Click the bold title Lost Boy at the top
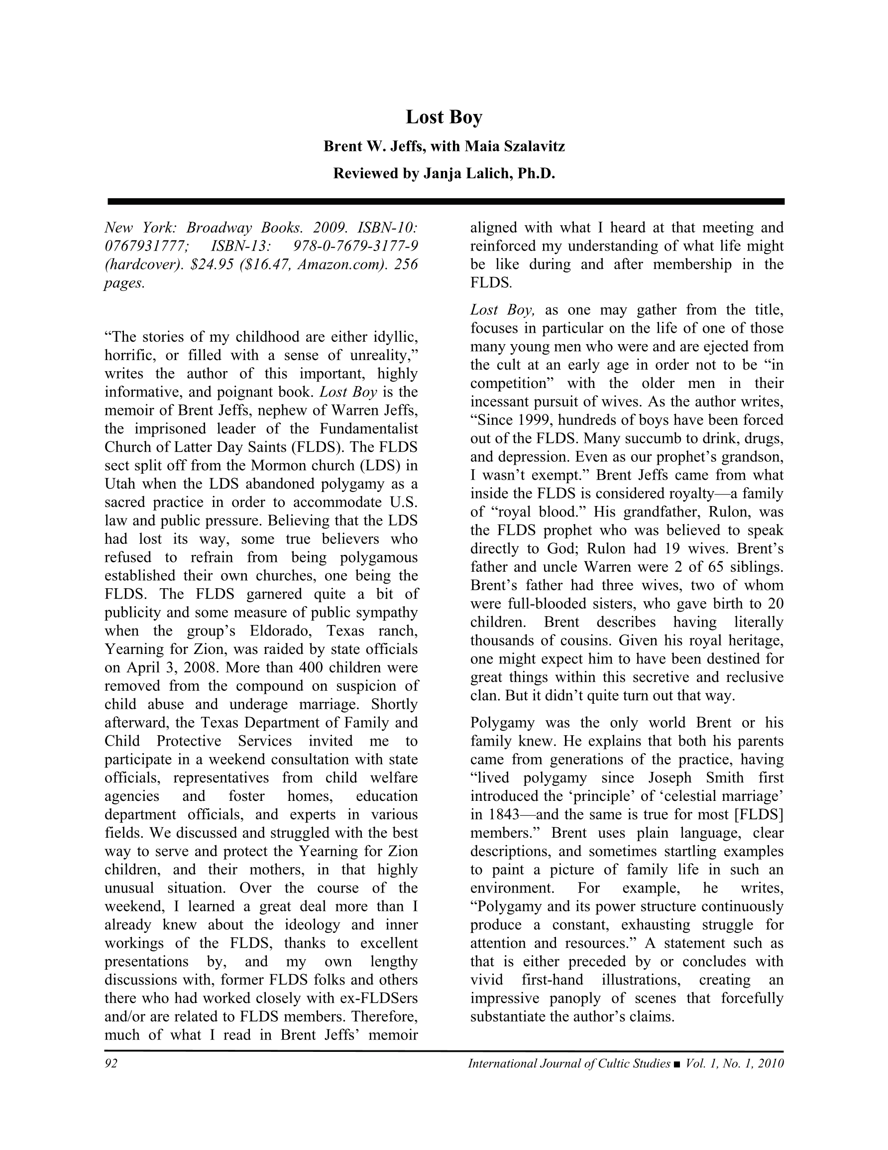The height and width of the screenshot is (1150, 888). (444, 117)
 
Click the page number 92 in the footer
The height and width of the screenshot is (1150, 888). (111, 1063)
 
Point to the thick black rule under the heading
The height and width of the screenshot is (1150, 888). (445, 201)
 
